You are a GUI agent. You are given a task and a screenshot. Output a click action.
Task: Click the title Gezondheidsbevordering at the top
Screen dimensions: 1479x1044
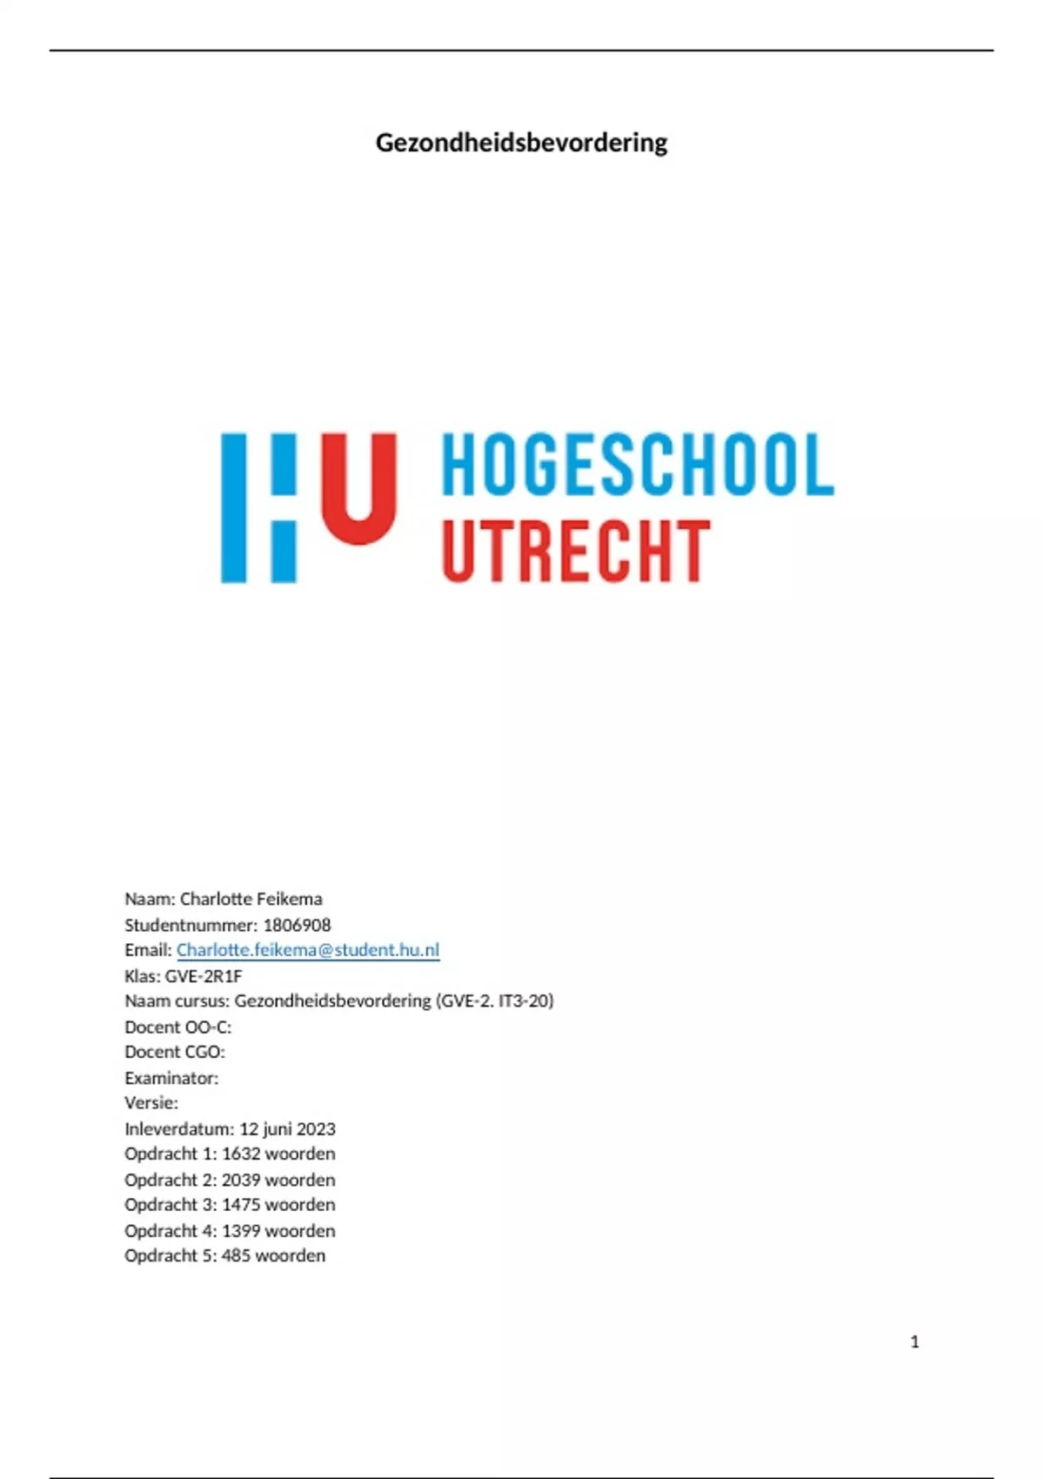tap(521, 143)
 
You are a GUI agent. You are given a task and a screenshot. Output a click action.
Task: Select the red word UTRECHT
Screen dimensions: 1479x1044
tap(576, 552)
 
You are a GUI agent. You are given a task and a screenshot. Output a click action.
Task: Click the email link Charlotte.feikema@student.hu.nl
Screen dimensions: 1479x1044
tap(308, 950)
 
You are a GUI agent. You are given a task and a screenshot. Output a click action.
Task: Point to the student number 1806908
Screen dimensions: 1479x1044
tap(297, 925)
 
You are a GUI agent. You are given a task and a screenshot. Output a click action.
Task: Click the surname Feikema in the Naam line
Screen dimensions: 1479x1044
tap(289, 899)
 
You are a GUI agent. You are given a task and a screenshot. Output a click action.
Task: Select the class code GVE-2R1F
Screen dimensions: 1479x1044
tap(204, 976)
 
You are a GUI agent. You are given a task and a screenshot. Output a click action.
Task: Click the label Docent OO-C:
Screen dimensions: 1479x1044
tap(178, 1027)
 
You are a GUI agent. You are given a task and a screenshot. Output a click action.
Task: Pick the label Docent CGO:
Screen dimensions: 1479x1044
tap(175, 1052)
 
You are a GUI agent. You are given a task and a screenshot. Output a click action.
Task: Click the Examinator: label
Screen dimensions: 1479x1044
tap(171, 1078)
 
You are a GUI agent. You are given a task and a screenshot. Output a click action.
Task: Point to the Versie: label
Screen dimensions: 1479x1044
tap(151, 1103)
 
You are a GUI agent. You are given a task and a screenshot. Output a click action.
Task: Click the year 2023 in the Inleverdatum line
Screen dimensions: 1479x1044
tap(315, 1128)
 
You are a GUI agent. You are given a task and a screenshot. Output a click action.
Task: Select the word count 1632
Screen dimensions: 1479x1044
tap(241, 1154)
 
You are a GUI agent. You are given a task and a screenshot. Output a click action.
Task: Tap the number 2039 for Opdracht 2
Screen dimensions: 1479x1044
tap(241, 1180)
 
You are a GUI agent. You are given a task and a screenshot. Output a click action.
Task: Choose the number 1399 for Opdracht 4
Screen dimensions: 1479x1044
tap(241, 1231)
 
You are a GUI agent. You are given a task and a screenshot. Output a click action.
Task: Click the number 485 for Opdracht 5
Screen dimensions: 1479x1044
tap(236, 1256)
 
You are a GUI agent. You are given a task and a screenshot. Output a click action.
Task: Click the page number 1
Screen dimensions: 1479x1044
tap(914, 1342)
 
